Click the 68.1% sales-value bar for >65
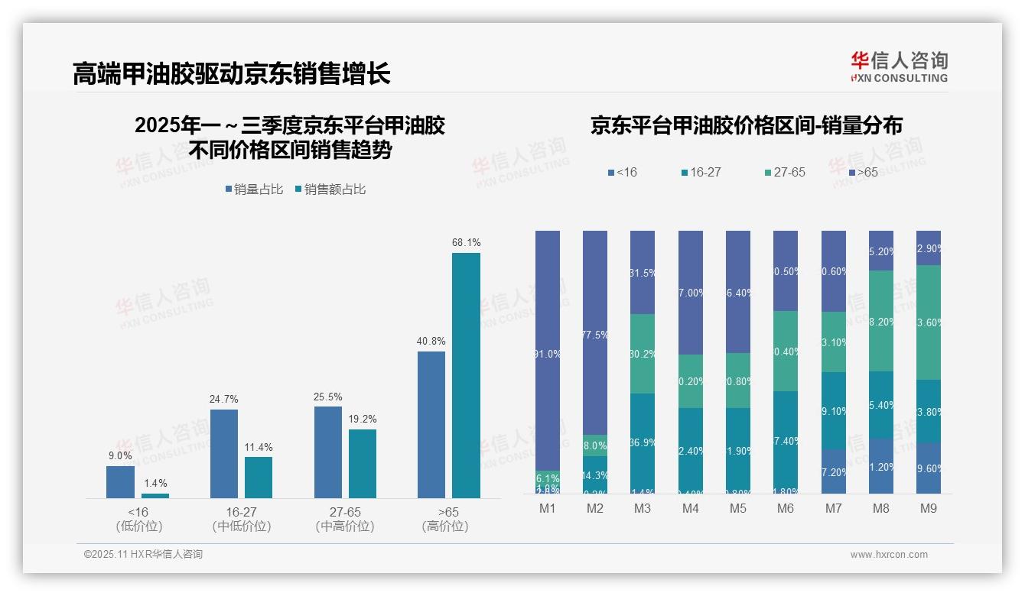(x=466, y=375)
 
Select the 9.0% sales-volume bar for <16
(x=120, y=482)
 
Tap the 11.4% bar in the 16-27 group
(x=259, y=478)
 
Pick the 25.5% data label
(x=327, y=397)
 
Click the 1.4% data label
(x=155, y=484)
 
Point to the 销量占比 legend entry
(x=253, y=189)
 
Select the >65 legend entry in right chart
(x=862, y=173)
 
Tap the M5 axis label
(x=737, y=508)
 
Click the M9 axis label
(x=929, y=508)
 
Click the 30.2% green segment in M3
(x=643, y=354)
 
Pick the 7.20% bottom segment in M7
(x=834, y=471)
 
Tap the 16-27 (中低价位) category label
(x=241, y=519)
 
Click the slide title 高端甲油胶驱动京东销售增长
(x=231, y=74)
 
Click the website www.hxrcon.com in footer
(x=888, y=555)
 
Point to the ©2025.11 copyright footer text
(x=143, y=555)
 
